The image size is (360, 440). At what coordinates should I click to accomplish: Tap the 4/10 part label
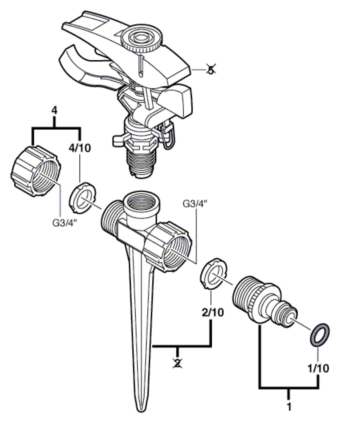[80, 148]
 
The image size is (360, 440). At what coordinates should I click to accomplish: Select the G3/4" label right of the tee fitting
[195, 204]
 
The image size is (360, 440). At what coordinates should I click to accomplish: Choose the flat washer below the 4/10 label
[82, 198]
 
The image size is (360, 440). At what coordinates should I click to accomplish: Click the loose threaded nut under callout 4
[35, 171]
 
